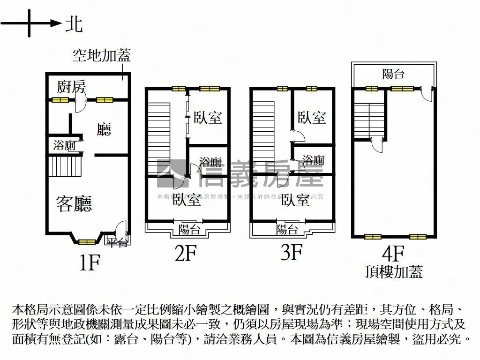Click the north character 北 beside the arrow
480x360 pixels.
(74, 23)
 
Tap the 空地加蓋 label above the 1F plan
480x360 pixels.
(101, 56)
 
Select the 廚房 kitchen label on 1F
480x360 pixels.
(71, 87)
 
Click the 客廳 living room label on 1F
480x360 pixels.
(74, 203)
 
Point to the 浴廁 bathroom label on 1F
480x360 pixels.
(64, 146)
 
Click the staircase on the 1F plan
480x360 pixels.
(65, 166)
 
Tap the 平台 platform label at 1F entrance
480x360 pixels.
(116, 242)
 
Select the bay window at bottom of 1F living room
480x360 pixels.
(86, 241)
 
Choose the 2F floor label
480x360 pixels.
(186, 254)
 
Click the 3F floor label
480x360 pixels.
(291, 254)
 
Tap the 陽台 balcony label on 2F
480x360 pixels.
(189, 230)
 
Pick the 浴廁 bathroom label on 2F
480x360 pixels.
(210, 162)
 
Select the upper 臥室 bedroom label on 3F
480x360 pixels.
(312, 117)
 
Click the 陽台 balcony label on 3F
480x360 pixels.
(287, 230)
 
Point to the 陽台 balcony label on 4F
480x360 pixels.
(393, 74)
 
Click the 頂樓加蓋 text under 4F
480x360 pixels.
(394, 271)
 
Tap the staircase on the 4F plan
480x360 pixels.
(369, 120)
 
